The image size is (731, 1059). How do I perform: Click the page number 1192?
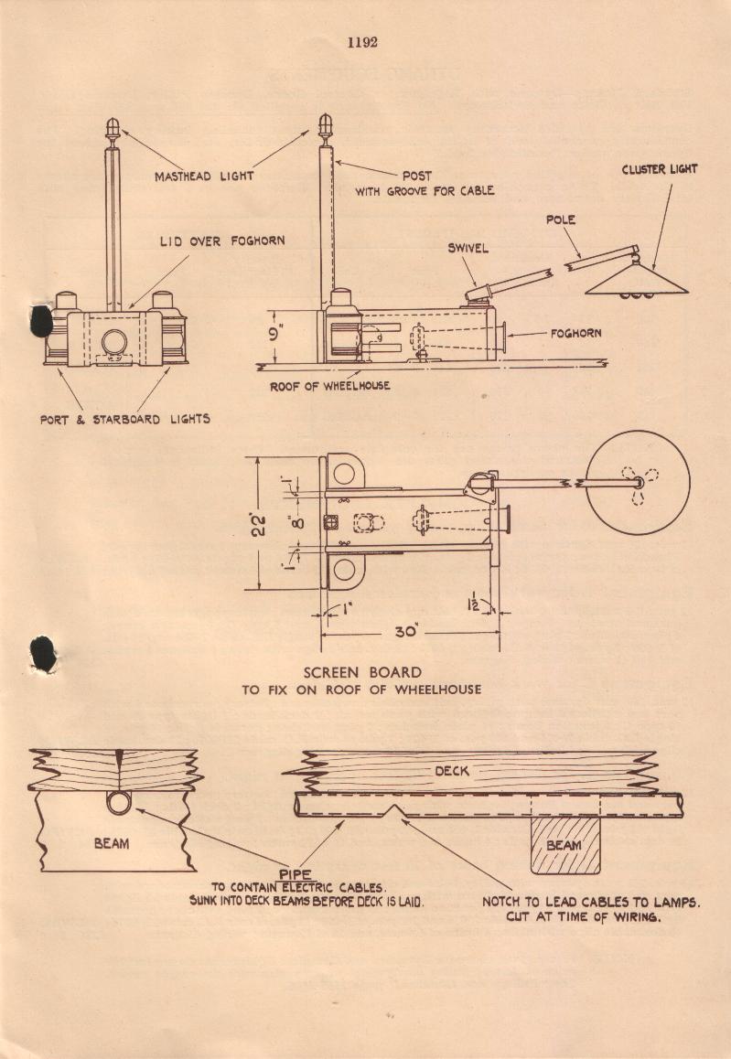(362, 42)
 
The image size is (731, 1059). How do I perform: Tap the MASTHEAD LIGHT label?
(204, 176)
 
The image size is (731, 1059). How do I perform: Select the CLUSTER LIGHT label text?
(659, 169)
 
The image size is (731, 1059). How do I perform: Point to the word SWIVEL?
(469, 248)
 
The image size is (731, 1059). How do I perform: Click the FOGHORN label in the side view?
(575, 334)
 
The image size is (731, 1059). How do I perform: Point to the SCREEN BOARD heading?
(362, 672)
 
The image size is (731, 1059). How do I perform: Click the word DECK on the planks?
(452, 771)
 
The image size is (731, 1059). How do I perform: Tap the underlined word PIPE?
(296, 873)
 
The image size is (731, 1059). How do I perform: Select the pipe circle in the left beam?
(119, 803)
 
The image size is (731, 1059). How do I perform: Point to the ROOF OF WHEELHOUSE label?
(329, 386)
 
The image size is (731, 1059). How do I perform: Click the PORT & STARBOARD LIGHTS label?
(124, 419)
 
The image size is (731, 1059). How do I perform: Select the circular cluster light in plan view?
(638, 482)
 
